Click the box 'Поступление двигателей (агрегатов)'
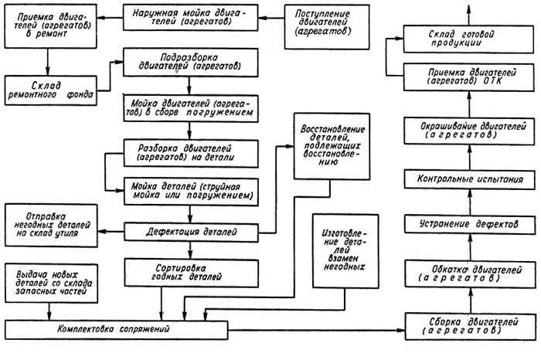(x=327, y=27)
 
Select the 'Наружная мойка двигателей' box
(x=190, y=18)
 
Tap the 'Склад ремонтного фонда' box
(x=51, y=90)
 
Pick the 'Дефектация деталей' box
(x=191, y=233)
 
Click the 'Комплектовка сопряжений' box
(x=116, y=330)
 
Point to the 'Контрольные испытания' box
(x=470, y=179)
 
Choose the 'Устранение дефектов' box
(x=470, y=224)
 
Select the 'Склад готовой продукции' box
(x=468, y=39)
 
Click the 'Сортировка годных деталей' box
(x=191, y=273)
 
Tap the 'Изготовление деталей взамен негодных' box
(x=345, y=251)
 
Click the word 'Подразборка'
(x=189, y=57)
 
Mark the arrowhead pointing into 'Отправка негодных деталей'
(x=103, y=232)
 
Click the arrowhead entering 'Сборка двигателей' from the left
(x=400, y=331)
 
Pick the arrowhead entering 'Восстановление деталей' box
(x=290, y=146)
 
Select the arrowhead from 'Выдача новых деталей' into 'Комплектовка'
(x=49, y=316)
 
